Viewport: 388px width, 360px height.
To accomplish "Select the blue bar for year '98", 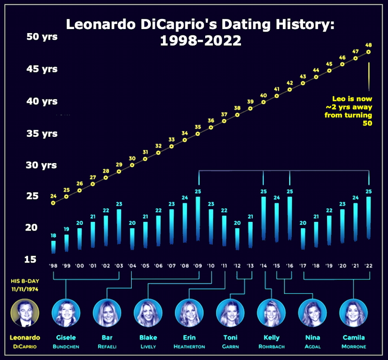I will pos(53,246).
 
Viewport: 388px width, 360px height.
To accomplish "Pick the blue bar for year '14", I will pos(263,218).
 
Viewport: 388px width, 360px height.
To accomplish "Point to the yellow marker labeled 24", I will pos(53,203).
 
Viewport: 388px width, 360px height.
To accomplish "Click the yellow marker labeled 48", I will pos(369,51).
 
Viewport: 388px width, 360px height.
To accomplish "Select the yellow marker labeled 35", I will pos(198,133).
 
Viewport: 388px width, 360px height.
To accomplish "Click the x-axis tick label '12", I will pos(237,266).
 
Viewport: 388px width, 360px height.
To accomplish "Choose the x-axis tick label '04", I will pos(132,266).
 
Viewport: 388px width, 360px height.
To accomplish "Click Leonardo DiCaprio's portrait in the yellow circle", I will pos(25,313).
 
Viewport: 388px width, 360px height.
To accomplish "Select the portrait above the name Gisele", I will pos(66,313).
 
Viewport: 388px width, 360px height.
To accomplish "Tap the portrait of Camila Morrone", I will pos(353,313).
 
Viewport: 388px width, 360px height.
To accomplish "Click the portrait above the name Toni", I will pos(230,313).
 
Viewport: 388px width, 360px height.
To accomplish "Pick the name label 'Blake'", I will pos(148,337).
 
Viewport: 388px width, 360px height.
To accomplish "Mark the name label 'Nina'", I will pos(312,337).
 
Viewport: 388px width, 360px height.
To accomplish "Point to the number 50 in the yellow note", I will pos(368,123).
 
